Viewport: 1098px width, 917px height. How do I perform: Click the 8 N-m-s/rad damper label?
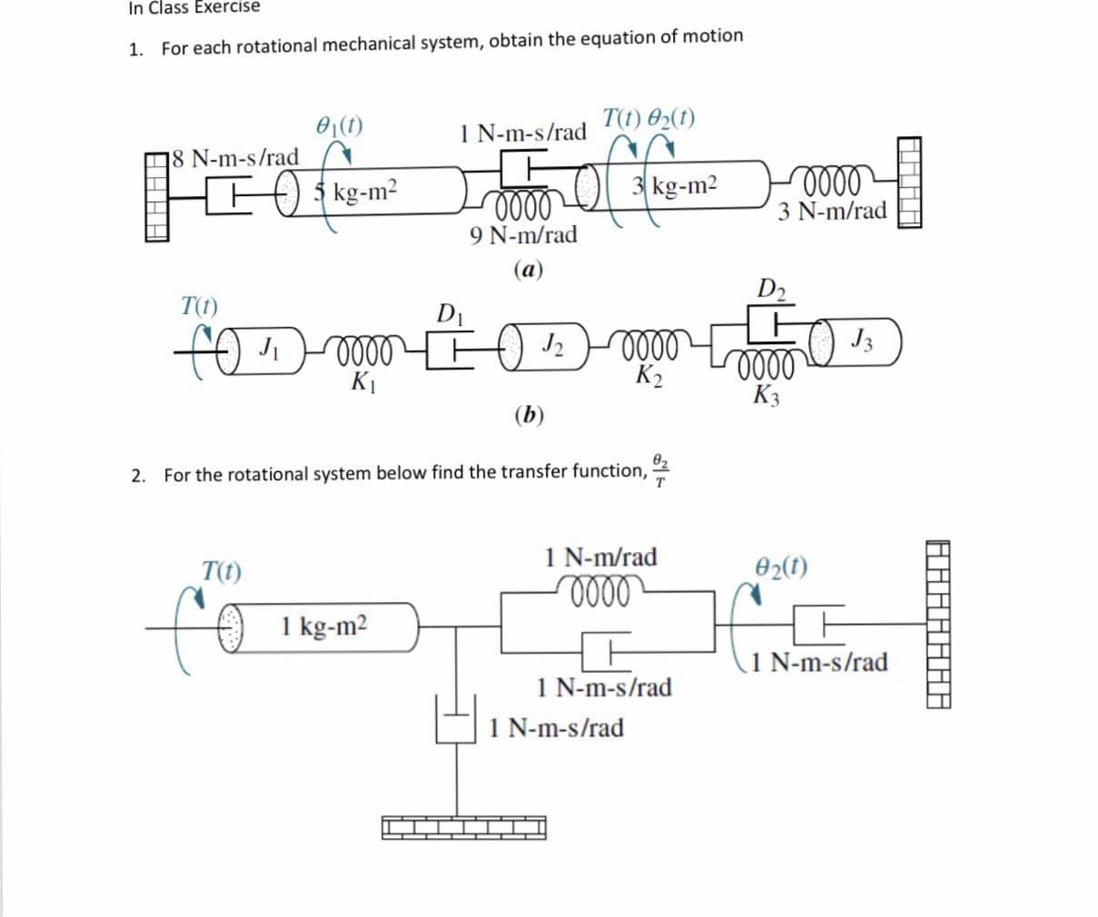click(234, 157)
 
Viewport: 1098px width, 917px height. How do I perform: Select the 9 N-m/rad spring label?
click(524, 235)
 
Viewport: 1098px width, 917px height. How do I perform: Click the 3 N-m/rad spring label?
click(832, 212)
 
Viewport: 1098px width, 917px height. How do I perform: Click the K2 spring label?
click(648, 374)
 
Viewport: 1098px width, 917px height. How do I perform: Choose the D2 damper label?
click(772, 291)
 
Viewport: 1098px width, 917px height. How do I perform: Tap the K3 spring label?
click(767, 396)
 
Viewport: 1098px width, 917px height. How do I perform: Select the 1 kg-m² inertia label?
click(324, 625)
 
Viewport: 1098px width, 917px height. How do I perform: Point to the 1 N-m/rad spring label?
click(601, 557)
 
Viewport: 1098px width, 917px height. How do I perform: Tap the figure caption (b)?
click(529, 415)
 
